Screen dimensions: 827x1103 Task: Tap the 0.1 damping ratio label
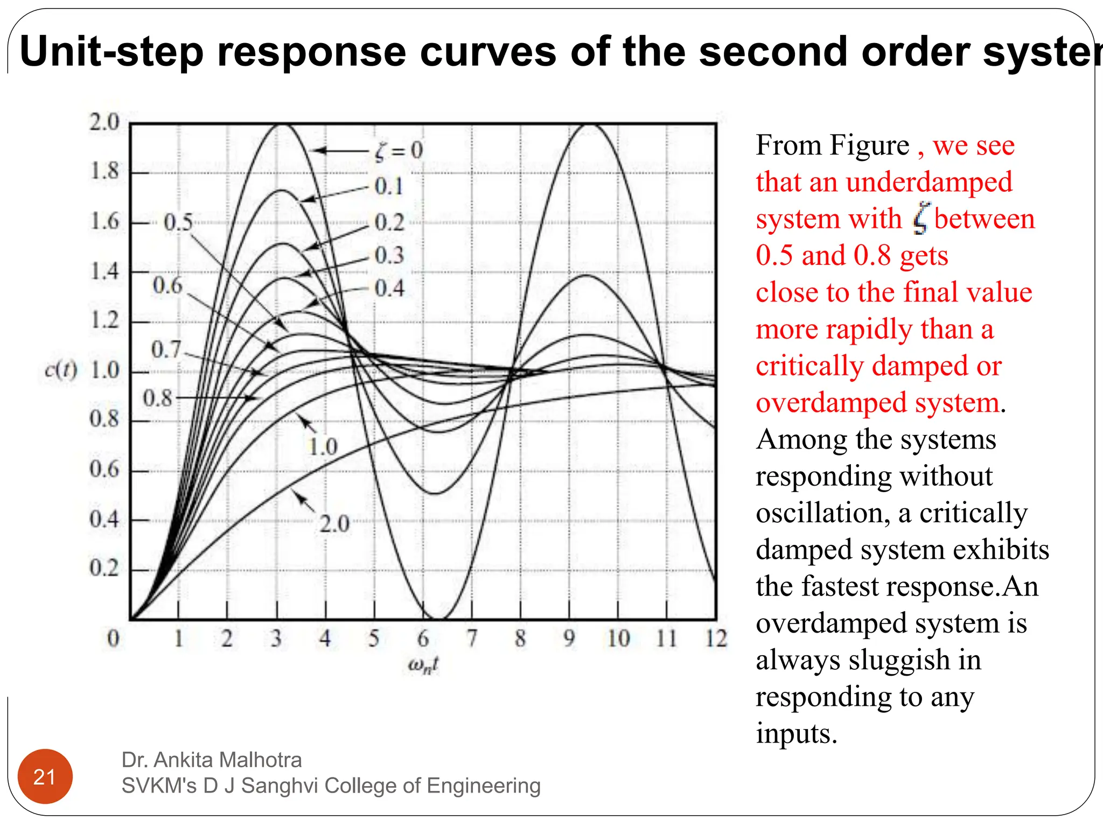(x=389, y=186)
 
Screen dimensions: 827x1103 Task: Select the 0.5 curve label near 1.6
(x=178, y=222)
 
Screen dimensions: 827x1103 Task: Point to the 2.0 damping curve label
(x=334, y=523)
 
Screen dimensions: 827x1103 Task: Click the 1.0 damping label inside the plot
(x=323, y=446)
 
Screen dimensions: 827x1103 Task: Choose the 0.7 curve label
(x=166, y=349)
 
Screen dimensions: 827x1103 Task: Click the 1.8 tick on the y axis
(x=104, y=171)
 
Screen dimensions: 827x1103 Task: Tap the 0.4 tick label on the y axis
(x=104, y=519)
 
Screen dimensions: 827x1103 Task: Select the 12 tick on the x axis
(x=716, y=639)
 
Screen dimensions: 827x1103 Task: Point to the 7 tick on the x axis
(x=472, y=639)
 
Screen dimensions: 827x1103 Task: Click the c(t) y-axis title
(x=61, y=370)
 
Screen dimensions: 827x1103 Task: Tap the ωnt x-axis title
(x=423, y=665)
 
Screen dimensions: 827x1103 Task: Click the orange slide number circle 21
(x=45, y=776)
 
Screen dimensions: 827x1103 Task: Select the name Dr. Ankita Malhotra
(x=212, y=760)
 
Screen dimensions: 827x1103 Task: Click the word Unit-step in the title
(x=111, y=52)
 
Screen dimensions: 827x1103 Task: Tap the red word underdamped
(x=929, y=182)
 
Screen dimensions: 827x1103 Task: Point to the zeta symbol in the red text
(x=921, y=219)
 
